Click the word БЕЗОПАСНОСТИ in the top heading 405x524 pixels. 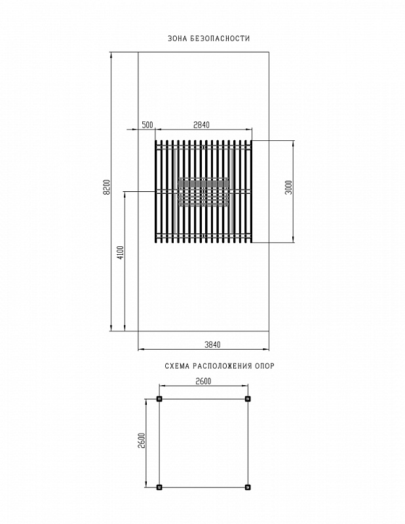point(220,39)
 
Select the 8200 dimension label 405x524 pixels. point(106,187)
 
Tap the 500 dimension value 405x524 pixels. point(147,125)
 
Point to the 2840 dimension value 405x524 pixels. point(201,125)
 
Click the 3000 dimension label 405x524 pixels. point(288,187)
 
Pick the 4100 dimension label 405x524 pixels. point(121,252)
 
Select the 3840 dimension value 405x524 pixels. point(212,345)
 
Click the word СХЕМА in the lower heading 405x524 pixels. point(177,366)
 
